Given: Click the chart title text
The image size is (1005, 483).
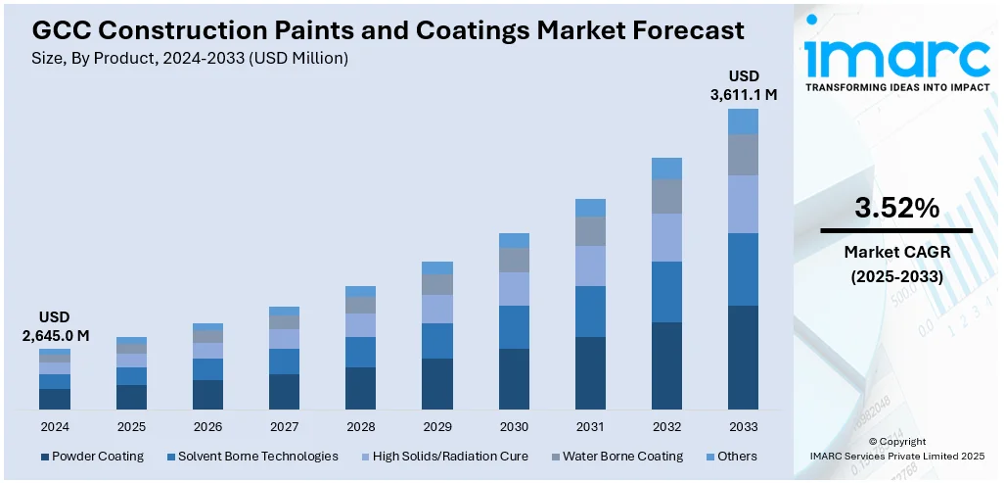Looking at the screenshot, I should (388, 30).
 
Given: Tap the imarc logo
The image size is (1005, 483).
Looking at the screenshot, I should (896, 59).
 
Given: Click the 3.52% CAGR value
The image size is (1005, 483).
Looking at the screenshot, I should (896, 208).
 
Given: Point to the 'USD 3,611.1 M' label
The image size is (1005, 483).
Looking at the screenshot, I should (743, 85).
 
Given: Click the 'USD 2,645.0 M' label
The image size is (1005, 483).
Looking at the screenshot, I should (55, 326).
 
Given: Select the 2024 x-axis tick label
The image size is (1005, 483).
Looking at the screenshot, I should (55, 427).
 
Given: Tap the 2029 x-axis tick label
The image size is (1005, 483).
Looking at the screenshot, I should (437, 427).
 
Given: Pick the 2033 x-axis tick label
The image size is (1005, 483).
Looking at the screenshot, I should (743, 427).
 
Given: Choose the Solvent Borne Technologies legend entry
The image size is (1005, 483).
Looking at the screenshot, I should (252, 457).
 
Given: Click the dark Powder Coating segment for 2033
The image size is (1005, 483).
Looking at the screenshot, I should (743, 358).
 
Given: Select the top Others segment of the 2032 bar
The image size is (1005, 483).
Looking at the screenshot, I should (666, 168).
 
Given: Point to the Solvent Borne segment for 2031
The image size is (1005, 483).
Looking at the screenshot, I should (590, 312).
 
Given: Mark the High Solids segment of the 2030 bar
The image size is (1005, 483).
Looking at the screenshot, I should (514, 288).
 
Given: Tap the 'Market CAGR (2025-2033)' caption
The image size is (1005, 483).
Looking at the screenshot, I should (896, 265).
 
